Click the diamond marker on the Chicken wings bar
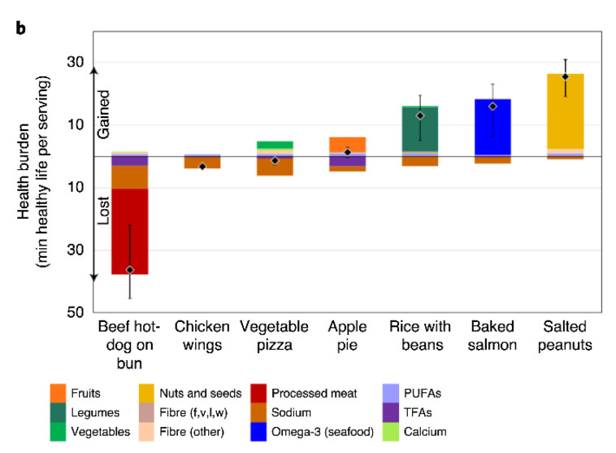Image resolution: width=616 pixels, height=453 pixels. pyautogui.click(x=202, y=167)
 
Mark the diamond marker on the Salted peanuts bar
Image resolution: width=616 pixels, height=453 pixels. pyautogui.click(x=565, y=76)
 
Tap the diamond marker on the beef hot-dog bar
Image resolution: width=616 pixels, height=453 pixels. pyautogui.click(x=130, y=269)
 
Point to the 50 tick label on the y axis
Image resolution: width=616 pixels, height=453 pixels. pyautogui.click(x=76, y=312)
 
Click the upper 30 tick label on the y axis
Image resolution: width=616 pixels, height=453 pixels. pyautogui.click(x=76, y=63)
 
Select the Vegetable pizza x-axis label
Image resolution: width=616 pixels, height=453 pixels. pyautogui.click(x=275, y=335)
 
